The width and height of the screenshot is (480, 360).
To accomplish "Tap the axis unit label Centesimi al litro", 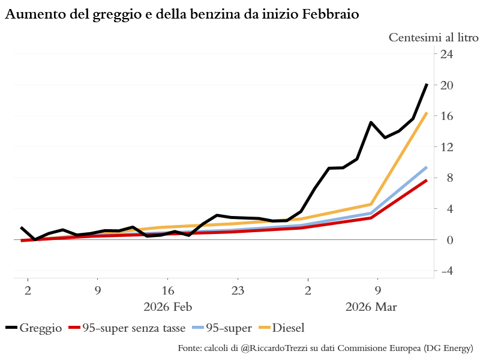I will click(434, 37).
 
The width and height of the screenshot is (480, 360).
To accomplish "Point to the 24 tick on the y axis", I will click(447, 54).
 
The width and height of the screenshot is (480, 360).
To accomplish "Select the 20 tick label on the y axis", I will click(447, 85).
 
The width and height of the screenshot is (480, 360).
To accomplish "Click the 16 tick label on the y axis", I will click(447, 116).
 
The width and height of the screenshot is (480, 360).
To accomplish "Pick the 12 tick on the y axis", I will click(447, 147).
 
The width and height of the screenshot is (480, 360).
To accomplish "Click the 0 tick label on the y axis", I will click(447, 240).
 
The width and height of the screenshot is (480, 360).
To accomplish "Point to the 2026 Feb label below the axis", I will click(167, 308).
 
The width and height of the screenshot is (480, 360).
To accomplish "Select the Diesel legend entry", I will click(288, 328).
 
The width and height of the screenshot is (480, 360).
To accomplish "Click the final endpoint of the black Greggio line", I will click(427, 85).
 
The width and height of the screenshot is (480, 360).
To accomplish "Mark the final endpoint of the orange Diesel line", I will click(427, 113).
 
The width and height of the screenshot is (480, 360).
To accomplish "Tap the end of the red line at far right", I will click(427, 180).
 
